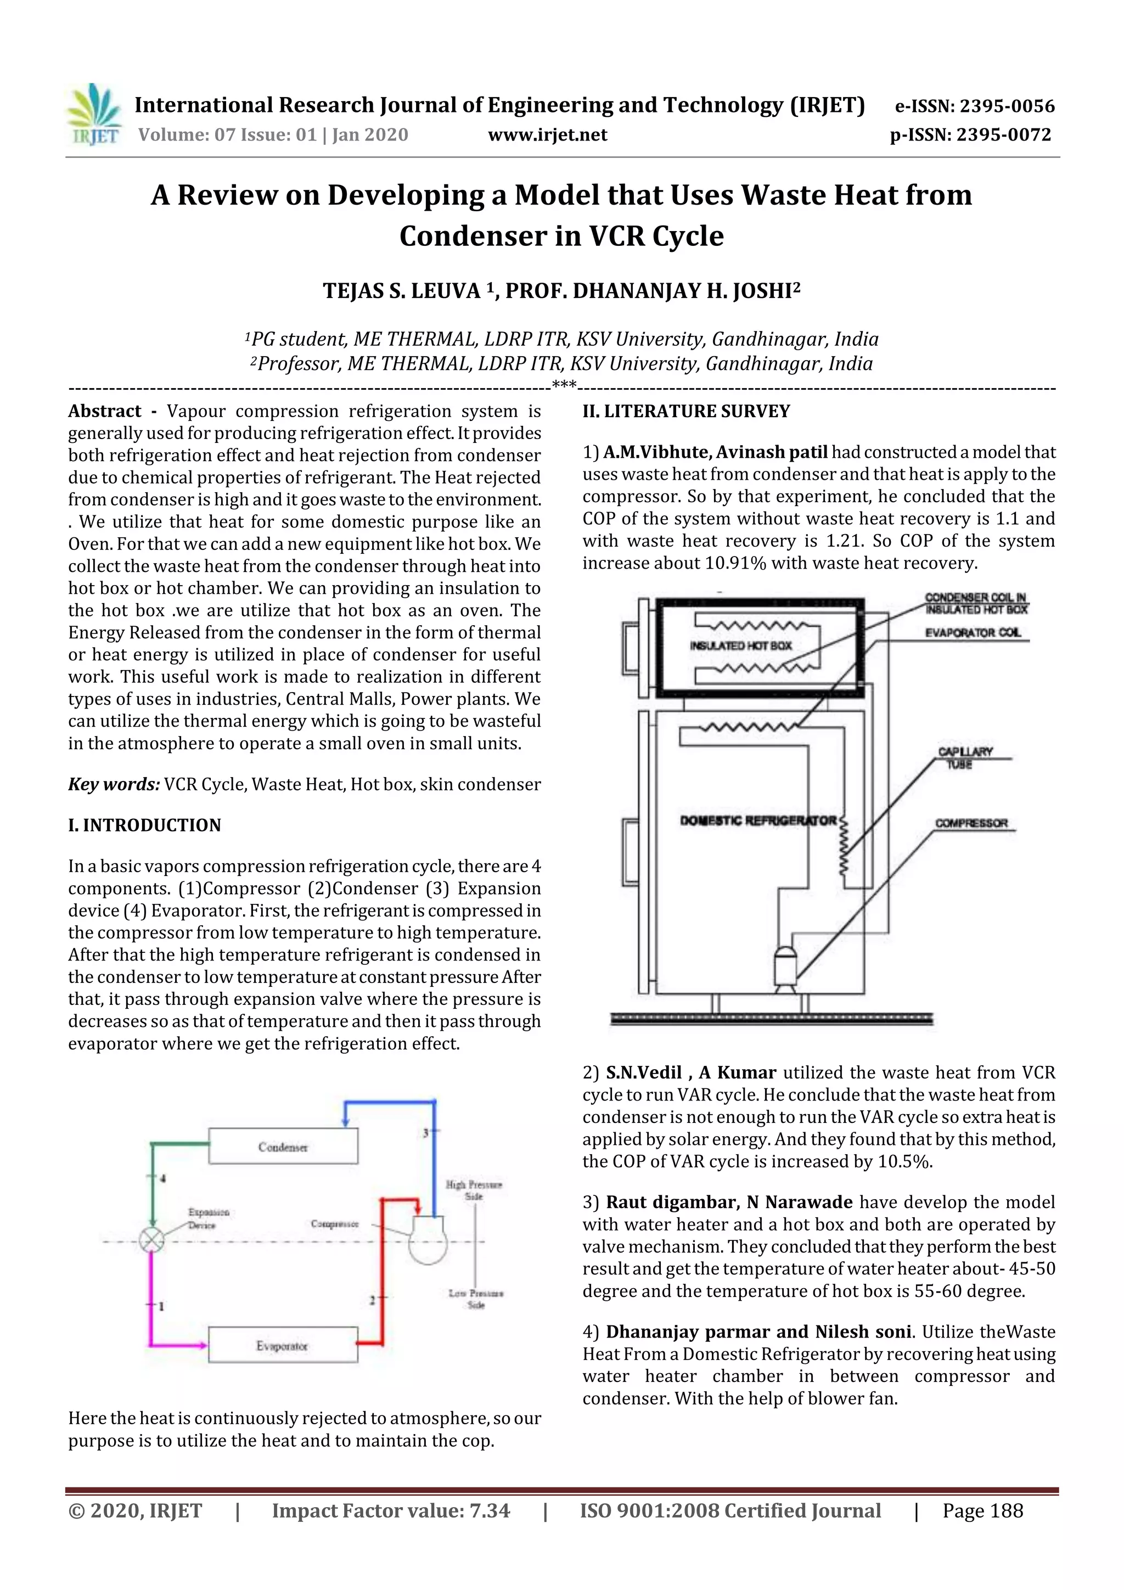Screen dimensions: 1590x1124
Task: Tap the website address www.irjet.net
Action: point(547,134)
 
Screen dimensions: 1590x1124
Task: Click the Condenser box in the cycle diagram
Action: point(283,1147)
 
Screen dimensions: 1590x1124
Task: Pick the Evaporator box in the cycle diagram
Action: point(283,1346)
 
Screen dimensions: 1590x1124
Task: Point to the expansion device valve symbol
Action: point(150,1240)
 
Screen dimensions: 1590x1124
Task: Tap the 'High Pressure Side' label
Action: point(474,1190)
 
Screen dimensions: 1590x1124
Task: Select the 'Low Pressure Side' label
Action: point(476,1299)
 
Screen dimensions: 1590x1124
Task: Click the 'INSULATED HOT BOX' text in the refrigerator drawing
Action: point(740,645)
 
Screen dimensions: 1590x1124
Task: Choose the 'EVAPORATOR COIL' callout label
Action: point(973,633)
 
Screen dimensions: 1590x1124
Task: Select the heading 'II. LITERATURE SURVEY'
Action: point(685,411)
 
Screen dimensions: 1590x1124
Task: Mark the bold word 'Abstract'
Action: point(105,411)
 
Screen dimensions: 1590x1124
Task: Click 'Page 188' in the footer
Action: point(982,1511)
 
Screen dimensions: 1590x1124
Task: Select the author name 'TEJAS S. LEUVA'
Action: point(402,291)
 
